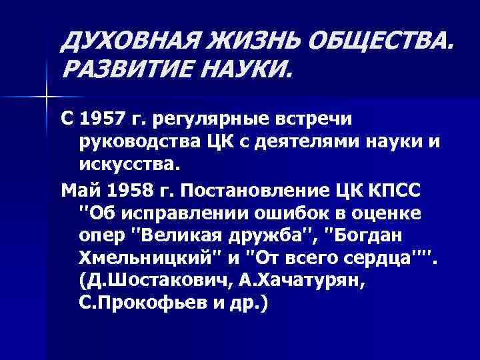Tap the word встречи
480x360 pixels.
[324, 119]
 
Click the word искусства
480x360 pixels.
[131, 163]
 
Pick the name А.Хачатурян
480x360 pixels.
[311, 281]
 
